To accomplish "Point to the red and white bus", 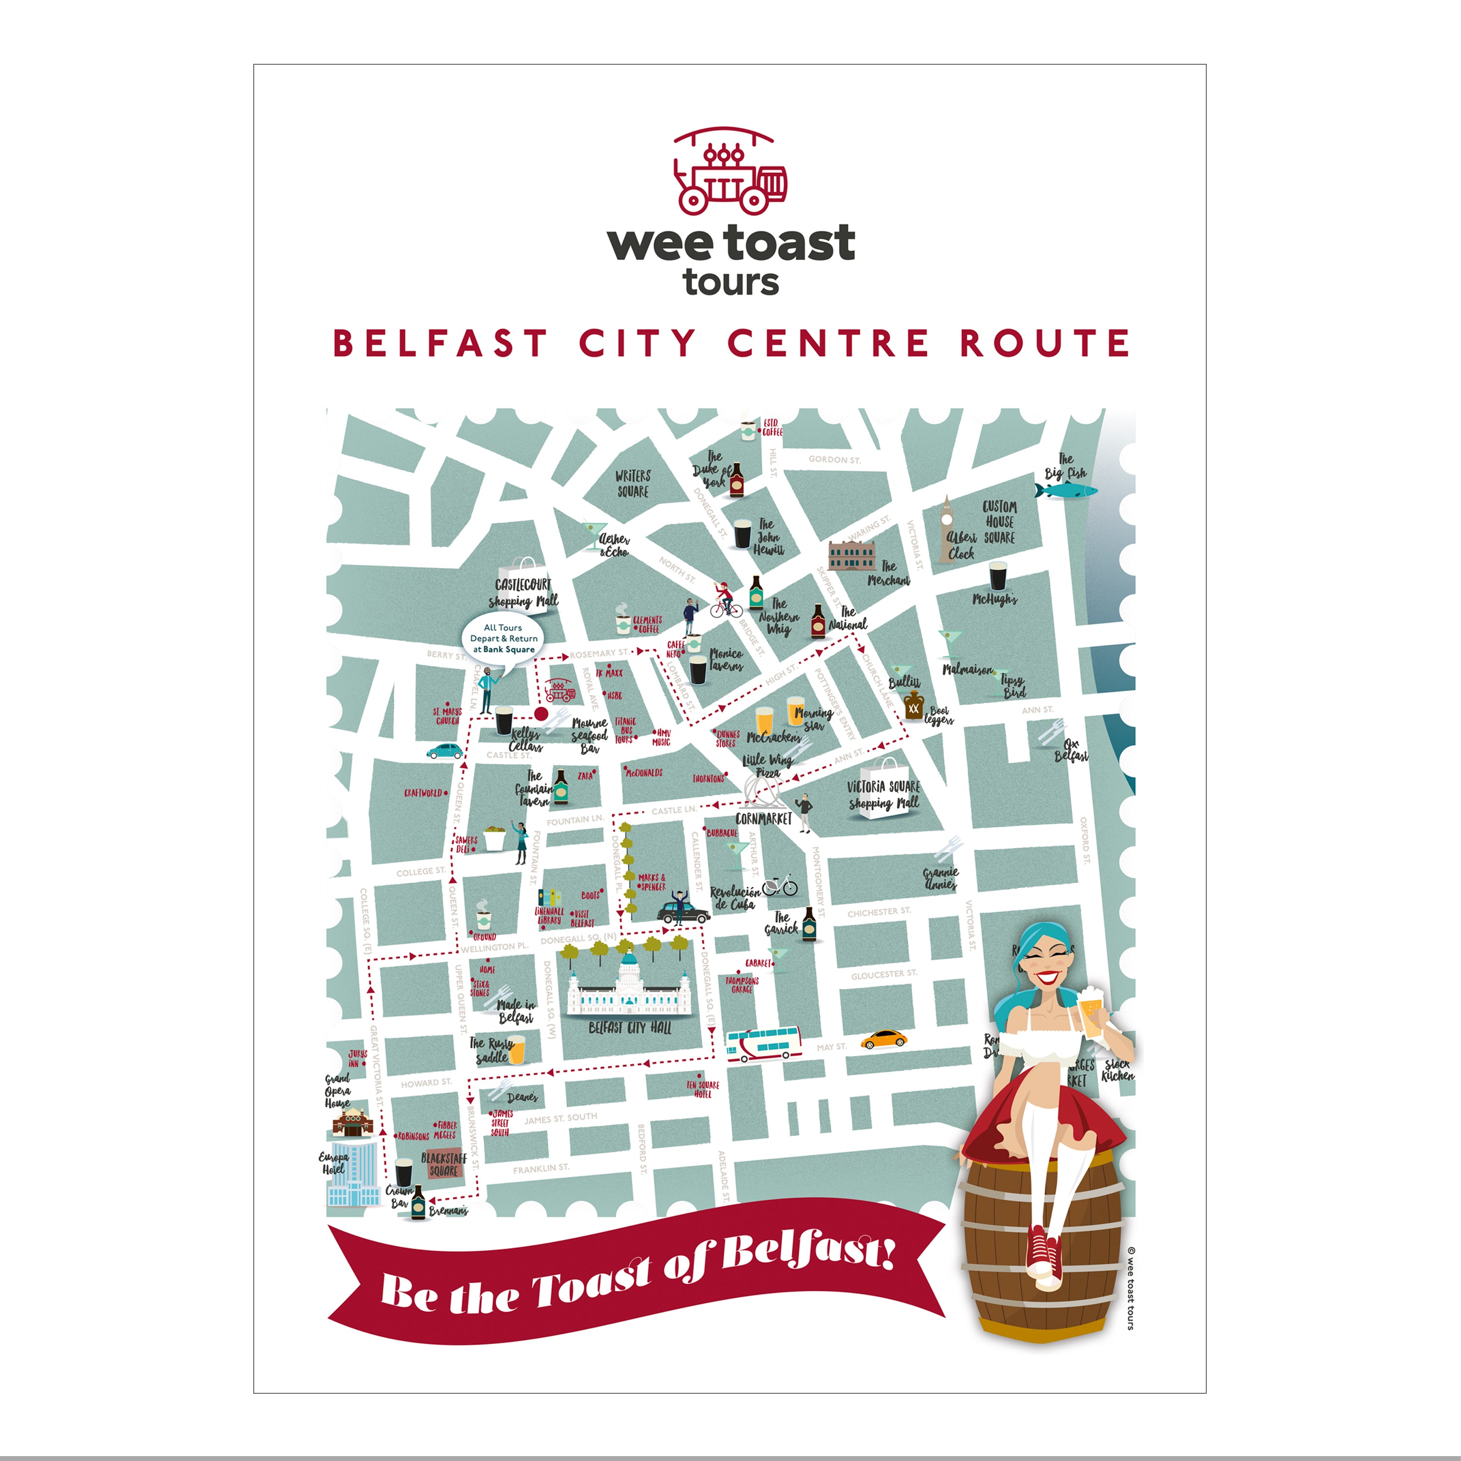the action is [763, 1044].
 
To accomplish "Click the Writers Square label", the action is [633, 483].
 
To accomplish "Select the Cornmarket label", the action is [763, 818].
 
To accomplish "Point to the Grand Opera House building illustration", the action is [353, 1122].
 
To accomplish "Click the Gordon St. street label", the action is [834, 459].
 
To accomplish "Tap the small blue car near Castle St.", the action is [445, 751].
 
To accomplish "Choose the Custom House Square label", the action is [999, 522].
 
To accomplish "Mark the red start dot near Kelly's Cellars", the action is [541, 713].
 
